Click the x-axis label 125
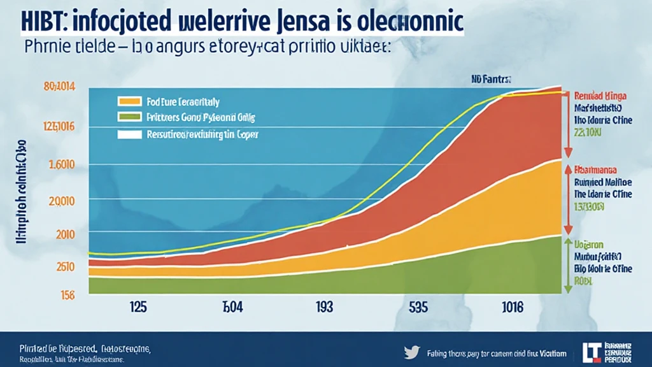[x=138, y=306]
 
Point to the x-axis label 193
[x=324, y=306]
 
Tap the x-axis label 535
[x=418, y=306]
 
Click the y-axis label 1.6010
[x=62, y=165]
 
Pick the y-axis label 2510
[x=65, y=266]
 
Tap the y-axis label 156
[x=66, y=295]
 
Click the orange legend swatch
[x=129, y=101]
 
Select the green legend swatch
[x=129, y=117]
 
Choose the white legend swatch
[x=129, y=134]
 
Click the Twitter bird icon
[x=411, y=350]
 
